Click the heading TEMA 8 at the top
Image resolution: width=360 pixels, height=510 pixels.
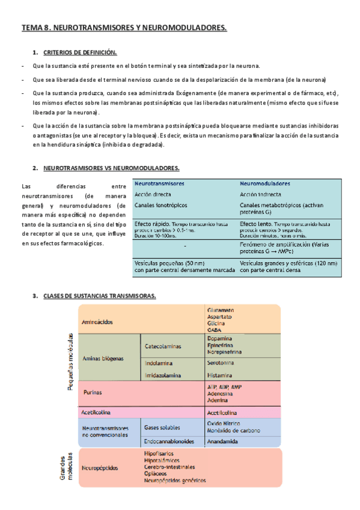click(124, 27)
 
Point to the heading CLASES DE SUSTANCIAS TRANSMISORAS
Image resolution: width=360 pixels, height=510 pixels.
click(100, 296)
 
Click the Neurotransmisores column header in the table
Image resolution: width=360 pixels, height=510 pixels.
click(159, 183)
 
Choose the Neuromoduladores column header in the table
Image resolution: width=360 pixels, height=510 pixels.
click(265, 183)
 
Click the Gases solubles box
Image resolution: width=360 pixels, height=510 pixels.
click(162, 427)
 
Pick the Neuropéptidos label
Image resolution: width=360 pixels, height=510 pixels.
click(100, 467)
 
